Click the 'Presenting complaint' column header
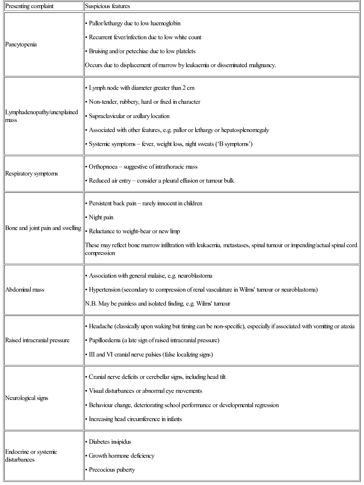(x=29, y=6)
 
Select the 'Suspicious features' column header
(x=107, y=6)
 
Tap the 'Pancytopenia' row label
(x=21, y=44)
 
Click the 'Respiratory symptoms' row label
(x=31, y=174)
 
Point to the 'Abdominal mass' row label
(x=25, y=290)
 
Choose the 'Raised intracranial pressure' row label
(x=37, y=340)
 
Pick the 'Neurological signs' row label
(x=27, y=398)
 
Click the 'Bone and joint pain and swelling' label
(x=43, y=228)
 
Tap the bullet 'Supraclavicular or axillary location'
(x=129, y=116)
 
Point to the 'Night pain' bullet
(x=101, y=217)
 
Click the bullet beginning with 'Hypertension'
(x=203, y=290)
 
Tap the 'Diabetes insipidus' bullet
(x=110, y=442)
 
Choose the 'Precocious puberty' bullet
(x=112, y=470)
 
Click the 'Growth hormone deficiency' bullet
(x=121, y=456)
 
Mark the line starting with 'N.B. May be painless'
(x=157, y=304)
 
